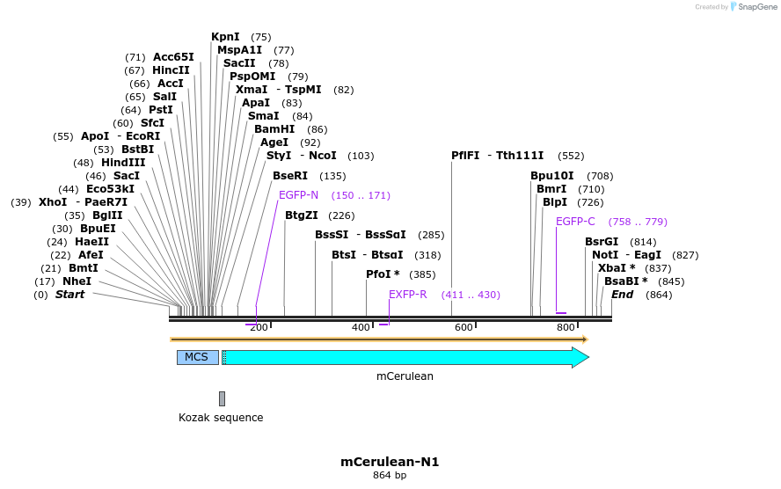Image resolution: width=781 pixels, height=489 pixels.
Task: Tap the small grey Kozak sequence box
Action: click(x=222, y=398)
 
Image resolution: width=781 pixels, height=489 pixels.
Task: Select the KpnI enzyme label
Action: click(x=225, y=37)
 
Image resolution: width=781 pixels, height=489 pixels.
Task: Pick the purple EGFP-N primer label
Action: click(x=298, y=195)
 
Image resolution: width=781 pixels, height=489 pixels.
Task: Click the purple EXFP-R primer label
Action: click(x=408, y=295)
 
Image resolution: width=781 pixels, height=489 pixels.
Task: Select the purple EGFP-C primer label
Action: click(x=576, y=222)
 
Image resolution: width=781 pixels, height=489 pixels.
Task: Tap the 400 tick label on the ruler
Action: click(x=361, y=328)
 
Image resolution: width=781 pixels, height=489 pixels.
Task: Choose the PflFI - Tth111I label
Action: click(x=497, y=156)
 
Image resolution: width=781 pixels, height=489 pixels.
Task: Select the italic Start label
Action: click(x=70, y=295)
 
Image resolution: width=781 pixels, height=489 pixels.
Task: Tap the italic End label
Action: click(x=622, y=295)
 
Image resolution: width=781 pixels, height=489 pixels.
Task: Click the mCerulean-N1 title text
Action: click(x=390, y=461)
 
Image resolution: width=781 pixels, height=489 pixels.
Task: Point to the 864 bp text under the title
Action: click(x=390, y=476)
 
